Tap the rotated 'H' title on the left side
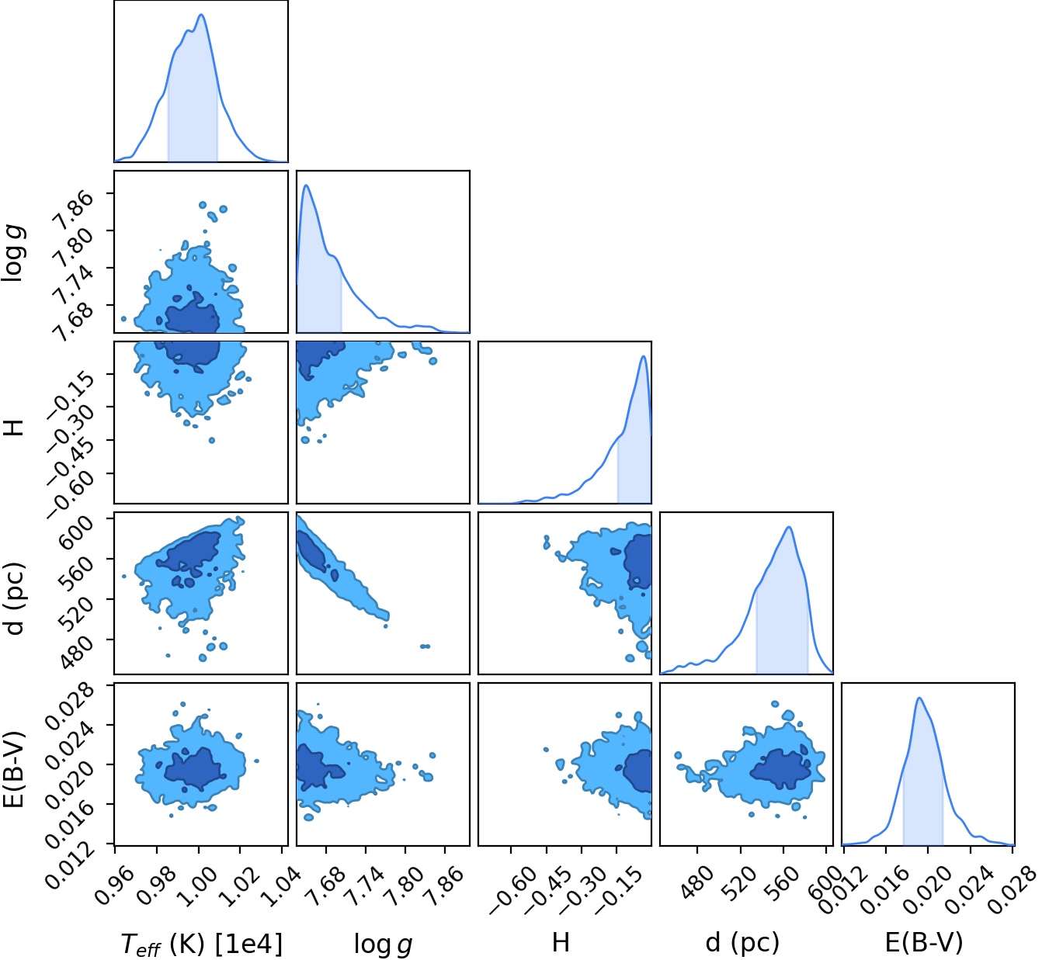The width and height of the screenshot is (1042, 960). click(x=15, y=421)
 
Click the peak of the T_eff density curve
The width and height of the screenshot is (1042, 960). click(x=201, y=14)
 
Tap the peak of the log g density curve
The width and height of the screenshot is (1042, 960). click(x=307, y=185)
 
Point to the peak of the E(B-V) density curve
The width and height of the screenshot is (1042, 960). click(x=919, y=697)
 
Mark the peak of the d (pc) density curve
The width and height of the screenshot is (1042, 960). click(x=788, y=527)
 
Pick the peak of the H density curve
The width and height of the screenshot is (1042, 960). click(x=644, y=356)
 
